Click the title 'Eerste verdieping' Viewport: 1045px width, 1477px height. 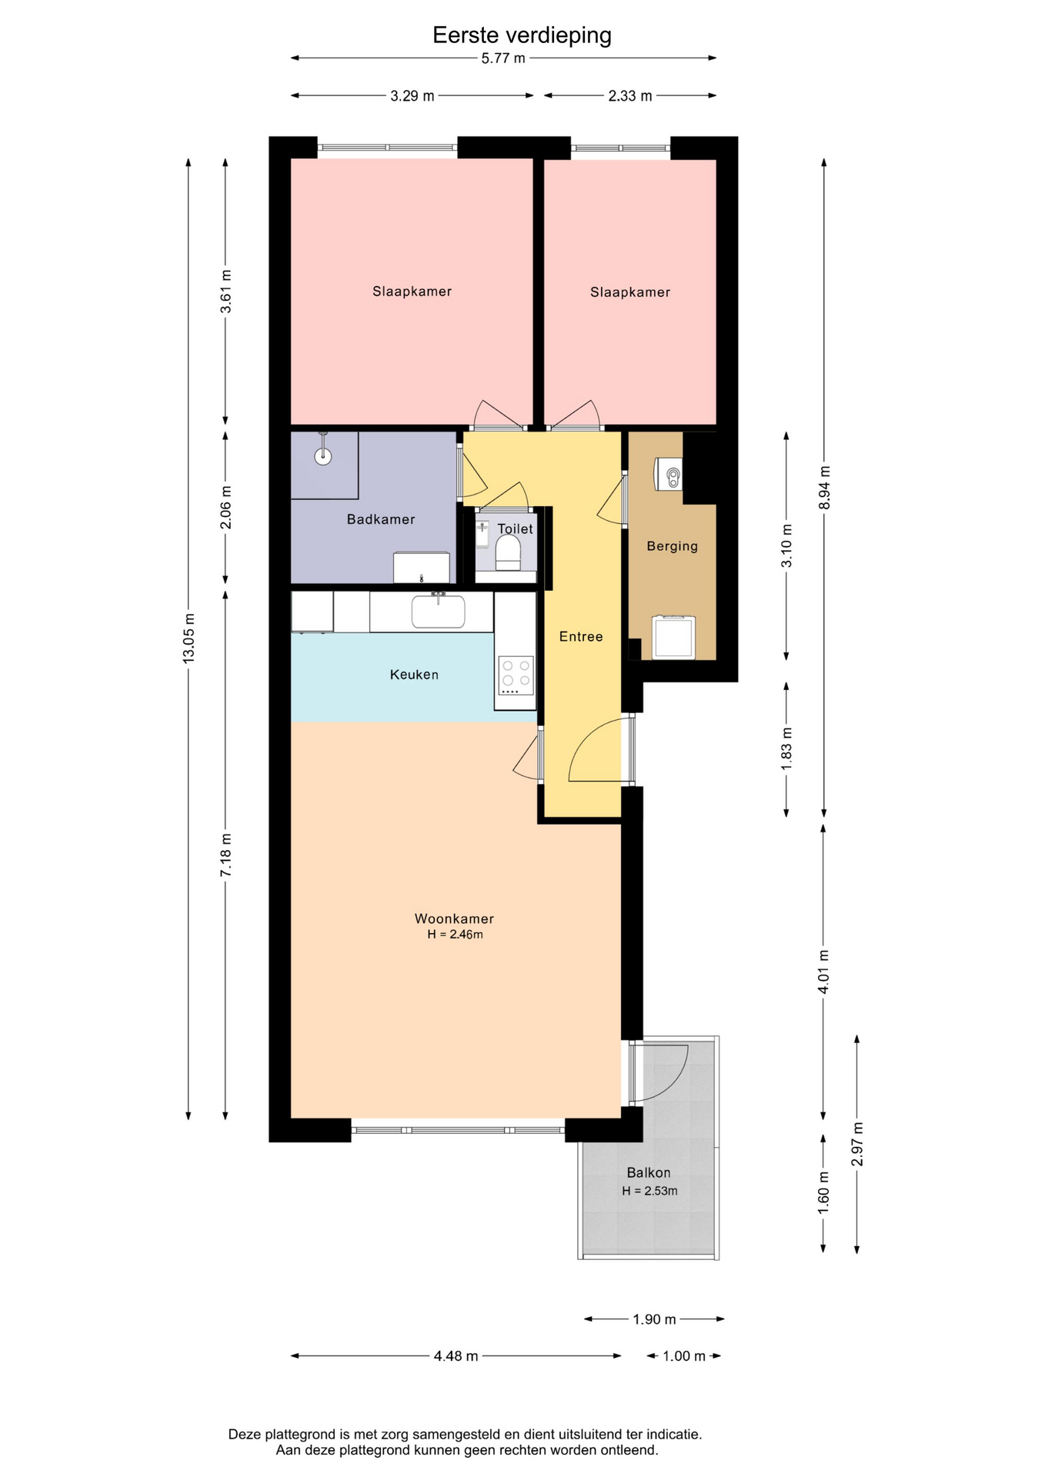pyautogui.click(x=522, y=35)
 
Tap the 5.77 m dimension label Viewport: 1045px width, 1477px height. pyautogui.click(x=503, y=58)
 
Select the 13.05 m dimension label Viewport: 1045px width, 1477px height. pyautogui.click(x=189, y=638)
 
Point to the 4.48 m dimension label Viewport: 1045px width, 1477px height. pyautogui.click(x=456, y=1356)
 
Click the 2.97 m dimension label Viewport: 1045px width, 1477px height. pyautogui.click(x=857, y=1144)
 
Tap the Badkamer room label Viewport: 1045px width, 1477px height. pyautogui.click(x=381, y=519)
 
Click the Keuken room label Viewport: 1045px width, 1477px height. pyautogui.click(x=414, y=675)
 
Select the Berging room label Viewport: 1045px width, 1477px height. pyautogui.click(x=672, y=546)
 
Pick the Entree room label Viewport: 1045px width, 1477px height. pyautogui.click(x=581, y=636)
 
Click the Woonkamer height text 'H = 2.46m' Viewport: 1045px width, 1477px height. pyautogui.click(x=456, y=935)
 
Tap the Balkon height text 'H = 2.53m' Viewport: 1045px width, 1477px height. pyautogui.click(x=650, y=1191)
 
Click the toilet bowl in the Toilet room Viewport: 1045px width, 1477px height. pyautogui.click(x=508, y=552)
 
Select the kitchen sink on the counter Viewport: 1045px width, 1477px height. pyautogui.click(x=438, y=611)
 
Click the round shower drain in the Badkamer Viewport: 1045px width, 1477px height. pyautogui.click(x=323, y=456)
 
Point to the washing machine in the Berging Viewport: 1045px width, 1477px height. pyautogui.click(x=673, y=638)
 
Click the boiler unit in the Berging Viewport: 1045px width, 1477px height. pyautogui.click(x=668, y=474)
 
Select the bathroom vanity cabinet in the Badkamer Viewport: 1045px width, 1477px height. pyautogui.click(x=422, y=568)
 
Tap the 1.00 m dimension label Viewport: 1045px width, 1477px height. pyautogui.click(x=684, y=1356)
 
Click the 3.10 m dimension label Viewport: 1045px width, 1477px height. pyautogui.click(x=786, y=545)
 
